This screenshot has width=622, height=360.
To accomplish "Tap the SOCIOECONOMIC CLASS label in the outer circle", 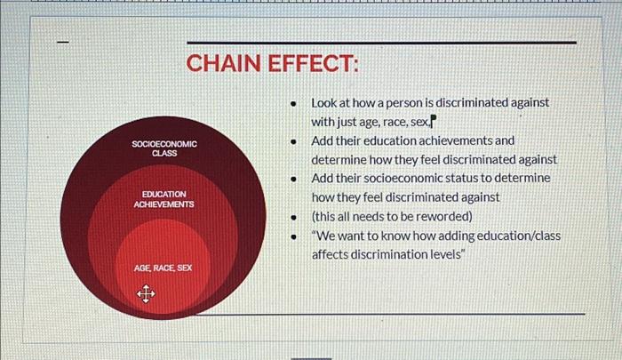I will (164, 148).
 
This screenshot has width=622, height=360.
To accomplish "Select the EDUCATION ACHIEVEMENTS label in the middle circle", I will (163, 198).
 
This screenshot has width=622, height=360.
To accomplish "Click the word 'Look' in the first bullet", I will (323, 103).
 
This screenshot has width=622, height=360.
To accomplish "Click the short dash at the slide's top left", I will (61, 42).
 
